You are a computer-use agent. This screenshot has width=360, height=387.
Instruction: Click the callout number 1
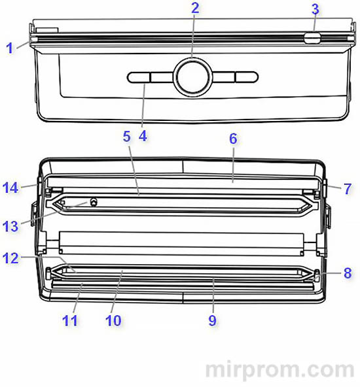[x=10, y=48]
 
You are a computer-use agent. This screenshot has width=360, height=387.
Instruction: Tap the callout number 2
[x=195, y=8]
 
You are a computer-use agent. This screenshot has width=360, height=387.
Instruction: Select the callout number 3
[x=315, y=9]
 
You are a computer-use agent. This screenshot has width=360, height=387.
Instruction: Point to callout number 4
[x=143, y=136]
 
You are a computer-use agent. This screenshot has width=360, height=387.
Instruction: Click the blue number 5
[x=126, y=137]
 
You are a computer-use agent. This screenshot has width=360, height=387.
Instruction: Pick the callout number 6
[x=233, y=139]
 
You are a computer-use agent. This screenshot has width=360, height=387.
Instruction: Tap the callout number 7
[x=348, y=189]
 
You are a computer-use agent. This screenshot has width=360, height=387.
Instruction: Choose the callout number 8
[x=348, y=273]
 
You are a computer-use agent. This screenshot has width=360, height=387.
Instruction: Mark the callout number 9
[x=213, y=320]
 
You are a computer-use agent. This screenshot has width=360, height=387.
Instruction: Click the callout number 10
[x=113, y=320]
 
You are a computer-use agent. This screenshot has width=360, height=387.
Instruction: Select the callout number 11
[x=70, y=320]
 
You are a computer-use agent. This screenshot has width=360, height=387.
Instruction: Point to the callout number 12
[x=10, y=258]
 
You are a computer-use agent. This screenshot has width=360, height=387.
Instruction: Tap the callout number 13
[x=10, y=226]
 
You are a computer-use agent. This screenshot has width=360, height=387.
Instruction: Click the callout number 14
[x=10, y=188]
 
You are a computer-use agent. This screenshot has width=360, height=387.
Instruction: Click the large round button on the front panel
[x=192, y=77]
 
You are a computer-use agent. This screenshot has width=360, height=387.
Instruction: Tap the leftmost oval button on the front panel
[x=139, y=77]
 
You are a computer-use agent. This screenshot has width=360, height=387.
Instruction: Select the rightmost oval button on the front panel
[x=247, y=77]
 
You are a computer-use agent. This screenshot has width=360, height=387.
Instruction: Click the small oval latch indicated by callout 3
[x=312, y=39]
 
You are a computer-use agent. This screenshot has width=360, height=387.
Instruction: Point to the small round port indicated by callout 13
[x=94, y=202]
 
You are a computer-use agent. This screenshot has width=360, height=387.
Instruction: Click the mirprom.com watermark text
[x=280, y=369]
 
